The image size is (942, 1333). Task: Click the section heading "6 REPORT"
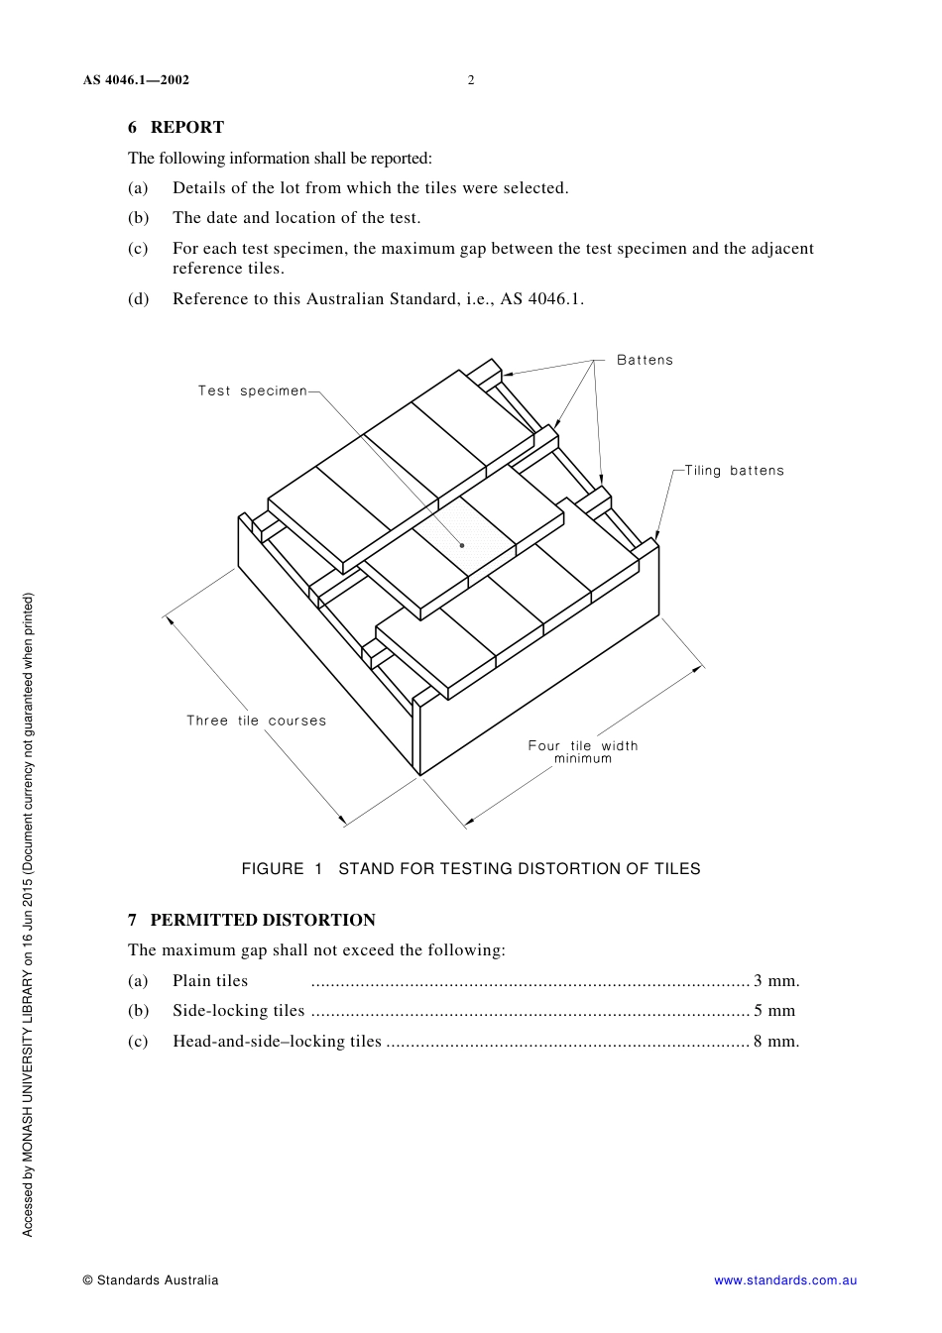[176, 127]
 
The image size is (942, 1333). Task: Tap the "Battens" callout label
[645, 360]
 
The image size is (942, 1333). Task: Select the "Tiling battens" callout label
[734, 471]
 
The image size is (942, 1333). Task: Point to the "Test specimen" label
[252, 390]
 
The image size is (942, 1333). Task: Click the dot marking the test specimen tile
[462, 545]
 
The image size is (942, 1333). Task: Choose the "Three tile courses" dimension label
[256, 721]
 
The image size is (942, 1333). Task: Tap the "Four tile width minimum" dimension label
[583, 752]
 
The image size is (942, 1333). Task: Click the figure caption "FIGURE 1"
[283, 869]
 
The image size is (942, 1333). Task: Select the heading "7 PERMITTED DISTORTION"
[252, 920]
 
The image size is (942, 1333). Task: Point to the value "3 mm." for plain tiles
[776, 981]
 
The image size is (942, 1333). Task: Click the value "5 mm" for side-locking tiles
[774, 1011]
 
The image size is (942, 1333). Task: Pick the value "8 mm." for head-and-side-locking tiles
[776, 1042]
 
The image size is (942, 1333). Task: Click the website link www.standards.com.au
[785, 1280]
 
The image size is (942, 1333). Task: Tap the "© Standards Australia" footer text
[151, 1280]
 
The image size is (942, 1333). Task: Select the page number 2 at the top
[471, 80]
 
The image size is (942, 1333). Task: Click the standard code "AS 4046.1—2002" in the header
[136, 80]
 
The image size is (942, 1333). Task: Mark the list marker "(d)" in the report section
[138, 299]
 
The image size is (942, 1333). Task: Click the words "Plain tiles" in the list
[210, 981]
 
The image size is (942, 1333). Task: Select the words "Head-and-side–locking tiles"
[277, 1042]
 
